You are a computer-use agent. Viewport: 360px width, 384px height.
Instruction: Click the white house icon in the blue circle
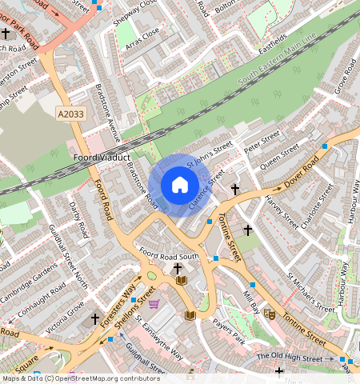[x=180, y=186]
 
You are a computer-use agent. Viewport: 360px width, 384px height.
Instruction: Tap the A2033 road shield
[x=71, y=115]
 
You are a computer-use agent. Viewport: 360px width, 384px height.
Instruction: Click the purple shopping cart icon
[x=154, y=304]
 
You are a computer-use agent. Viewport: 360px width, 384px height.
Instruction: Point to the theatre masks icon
[x=270, y=314]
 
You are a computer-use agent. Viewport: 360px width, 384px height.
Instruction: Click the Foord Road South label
[x=168, y=254]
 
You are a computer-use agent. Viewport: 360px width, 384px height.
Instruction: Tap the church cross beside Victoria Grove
[x=95, y=318]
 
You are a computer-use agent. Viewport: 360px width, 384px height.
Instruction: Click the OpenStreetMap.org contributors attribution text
[x=104, y=378]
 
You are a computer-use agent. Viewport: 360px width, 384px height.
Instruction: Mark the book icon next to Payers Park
[x=190, y=315]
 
